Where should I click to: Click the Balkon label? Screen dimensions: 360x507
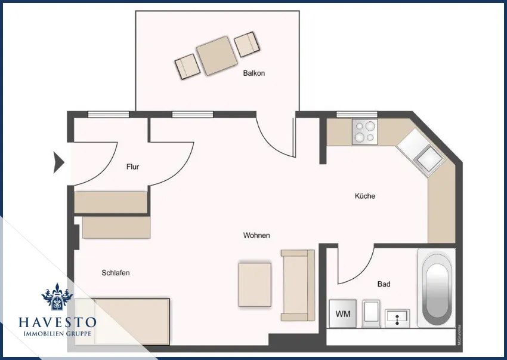click(x=253, y=73)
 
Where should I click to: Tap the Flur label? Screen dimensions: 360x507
click(x=132, y=167)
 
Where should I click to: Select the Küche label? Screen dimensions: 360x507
click(x=365, y=196)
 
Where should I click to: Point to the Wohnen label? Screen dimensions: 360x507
click(x=256, y=236)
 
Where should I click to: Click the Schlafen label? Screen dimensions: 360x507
click(x=116, y=273)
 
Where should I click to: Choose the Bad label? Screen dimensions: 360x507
click(x=384, y=284)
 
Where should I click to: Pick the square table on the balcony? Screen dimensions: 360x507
click(x=215, y=56)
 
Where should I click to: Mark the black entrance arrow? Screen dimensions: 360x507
click(x=58, y=162)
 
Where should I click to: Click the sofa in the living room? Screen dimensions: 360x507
click(x=298, y=285)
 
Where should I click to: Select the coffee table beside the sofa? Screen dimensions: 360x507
click(x=255, y=285)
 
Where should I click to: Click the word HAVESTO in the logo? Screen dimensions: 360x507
click(x=57, y=322)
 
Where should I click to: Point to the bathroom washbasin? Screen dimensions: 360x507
click(x=397, y=317)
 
